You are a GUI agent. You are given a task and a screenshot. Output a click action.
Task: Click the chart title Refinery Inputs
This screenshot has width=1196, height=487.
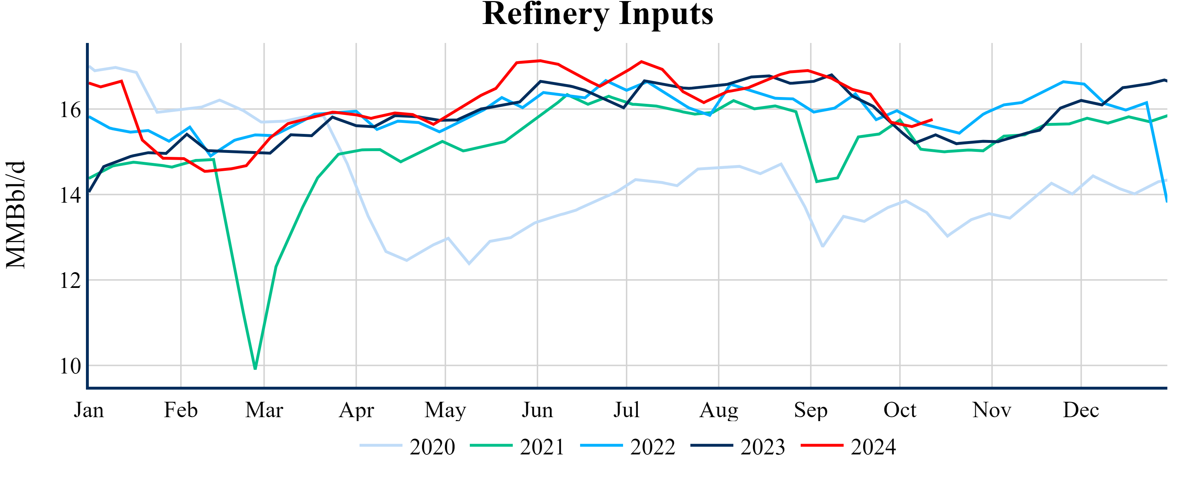[x=598, y=14]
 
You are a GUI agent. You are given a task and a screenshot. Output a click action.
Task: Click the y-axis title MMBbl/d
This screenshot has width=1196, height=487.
[x=16, y=214]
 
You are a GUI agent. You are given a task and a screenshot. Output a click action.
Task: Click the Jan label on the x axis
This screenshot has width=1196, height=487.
[x=89, y=410]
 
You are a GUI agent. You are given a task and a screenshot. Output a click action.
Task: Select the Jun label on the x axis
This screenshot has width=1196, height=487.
[x=537, y=410]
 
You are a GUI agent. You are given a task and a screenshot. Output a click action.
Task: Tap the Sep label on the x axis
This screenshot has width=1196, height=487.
[x=811, y=410]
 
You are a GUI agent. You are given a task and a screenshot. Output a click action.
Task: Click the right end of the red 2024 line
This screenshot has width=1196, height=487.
[x=932, y=120]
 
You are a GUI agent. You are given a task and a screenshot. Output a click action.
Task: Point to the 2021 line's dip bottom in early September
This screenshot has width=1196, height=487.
[x=817, y=182]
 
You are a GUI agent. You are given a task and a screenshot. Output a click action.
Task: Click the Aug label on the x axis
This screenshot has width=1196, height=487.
[x=719, y=410]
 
